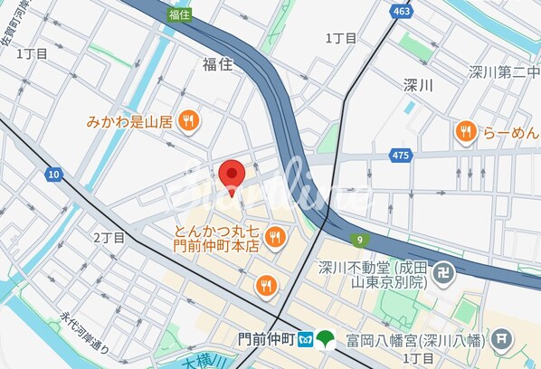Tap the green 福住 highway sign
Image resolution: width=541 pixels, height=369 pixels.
(x=179, y=14)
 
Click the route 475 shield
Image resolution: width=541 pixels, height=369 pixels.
(x=401, y=156)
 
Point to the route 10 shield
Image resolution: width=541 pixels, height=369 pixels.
(x=54, y=174)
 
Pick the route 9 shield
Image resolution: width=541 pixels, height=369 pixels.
(x=360, y=240)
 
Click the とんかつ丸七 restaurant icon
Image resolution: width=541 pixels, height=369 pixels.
(x=276, y=237)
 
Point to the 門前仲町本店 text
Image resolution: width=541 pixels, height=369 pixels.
(x=217, y=245)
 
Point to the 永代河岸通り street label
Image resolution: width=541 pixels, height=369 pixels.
(x=83, y=333)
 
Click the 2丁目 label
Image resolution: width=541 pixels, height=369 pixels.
(x=109, y=237)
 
